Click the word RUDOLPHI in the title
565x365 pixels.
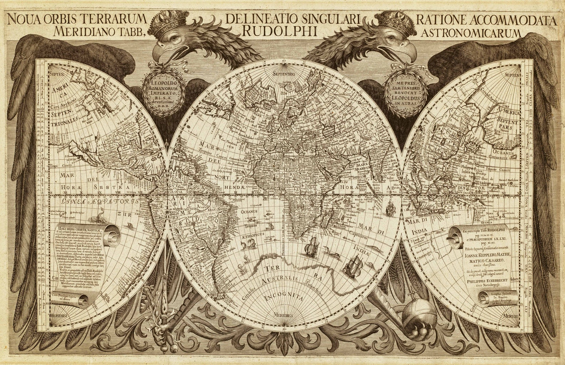pyautogui.click(x=279, y=31)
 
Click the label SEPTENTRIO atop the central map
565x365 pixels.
pyautogui.click(x=283, y=74)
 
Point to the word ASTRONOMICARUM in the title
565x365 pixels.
pyautogui.click(x=470, y=33)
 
